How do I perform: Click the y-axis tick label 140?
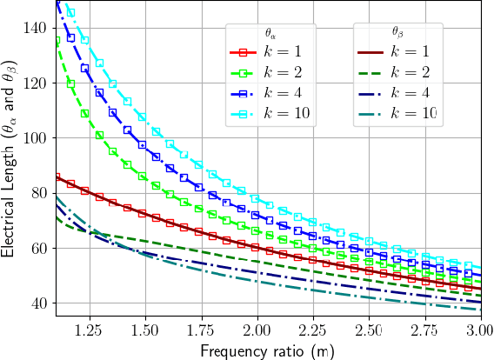pyautogui.click(x=37, y=28)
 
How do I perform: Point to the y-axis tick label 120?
pyautogui.click(x=37, y=83)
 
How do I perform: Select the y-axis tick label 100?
pyautogui.click(x=37, y=137)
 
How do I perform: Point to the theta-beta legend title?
pyautogui.click(x=398, y=32)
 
